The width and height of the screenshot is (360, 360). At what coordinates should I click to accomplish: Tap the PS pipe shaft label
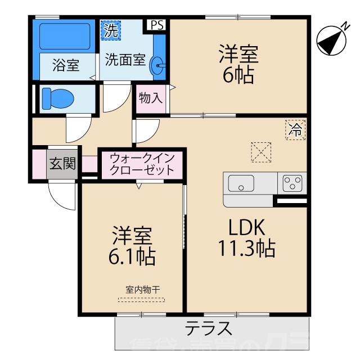(157, 25)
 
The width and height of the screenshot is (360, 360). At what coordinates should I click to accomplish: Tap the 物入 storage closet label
(150, 98)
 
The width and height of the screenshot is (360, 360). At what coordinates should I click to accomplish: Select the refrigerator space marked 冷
(295, 130)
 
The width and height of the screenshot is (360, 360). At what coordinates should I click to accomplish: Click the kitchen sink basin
(241, 183)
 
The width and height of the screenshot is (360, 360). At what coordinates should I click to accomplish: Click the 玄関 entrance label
(62, 164)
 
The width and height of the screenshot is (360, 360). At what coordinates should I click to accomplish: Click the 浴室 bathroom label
(65, 65)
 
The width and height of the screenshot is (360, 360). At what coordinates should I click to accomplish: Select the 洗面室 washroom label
(125, 60)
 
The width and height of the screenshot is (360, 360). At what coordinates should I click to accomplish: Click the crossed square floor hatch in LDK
(260, 150)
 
